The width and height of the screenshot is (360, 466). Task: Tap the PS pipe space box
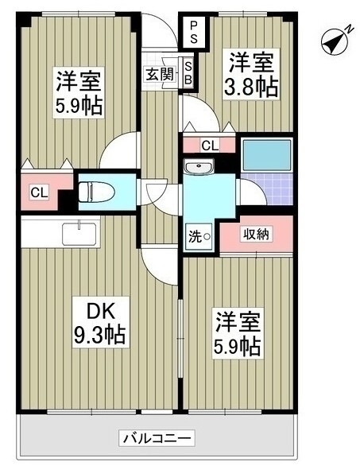[194, 33]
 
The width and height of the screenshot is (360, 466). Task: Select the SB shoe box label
[188, 73]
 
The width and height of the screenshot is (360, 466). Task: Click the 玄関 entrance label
[160, 74]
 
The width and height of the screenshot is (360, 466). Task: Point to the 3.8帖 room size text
[251, 87]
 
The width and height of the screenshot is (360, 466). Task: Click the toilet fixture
[96, 192]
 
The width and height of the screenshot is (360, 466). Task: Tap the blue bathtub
[267, 155]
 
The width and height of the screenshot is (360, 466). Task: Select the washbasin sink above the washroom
[199, 166]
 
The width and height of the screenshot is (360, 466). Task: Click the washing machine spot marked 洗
[199, 237]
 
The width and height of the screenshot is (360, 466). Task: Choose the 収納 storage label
[256, 234]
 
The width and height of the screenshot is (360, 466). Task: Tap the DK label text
[100, 312]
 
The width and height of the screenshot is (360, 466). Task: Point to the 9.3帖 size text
[100, 334]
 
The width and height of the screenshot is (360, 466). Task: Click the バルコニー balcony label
[157, 437]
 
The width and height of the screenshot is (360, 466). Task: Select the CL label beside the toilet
[39, 193]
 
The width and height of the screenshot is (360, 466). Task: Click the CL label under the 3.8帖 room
[210, 146]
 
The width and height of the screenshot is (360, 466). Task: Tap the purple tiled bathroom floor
[267, 188]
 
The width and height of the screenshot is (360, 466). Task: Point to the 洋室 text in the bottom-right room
[238, 322]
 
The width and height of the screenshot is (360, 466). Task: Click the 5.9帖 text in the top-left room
[79, 106]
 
